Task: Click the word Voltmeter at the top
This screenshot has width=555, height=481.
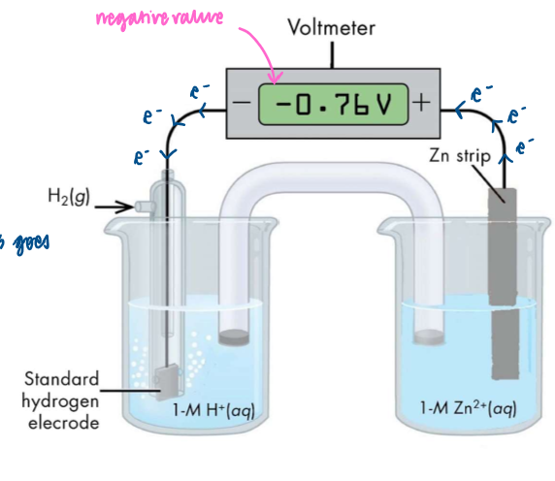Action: (x=331, y=28)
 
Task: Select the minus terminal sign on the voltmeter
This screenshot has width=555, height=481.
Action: (x=243, y=103)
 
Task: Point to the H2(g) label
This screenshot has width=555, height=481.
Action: (x=68, y=198)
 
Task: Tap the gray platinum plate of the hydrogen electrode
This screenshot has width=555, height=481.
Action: (x=163, y=382)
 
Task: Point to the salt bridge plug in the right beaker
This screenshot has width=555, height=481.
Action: (x=428, y=337)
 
